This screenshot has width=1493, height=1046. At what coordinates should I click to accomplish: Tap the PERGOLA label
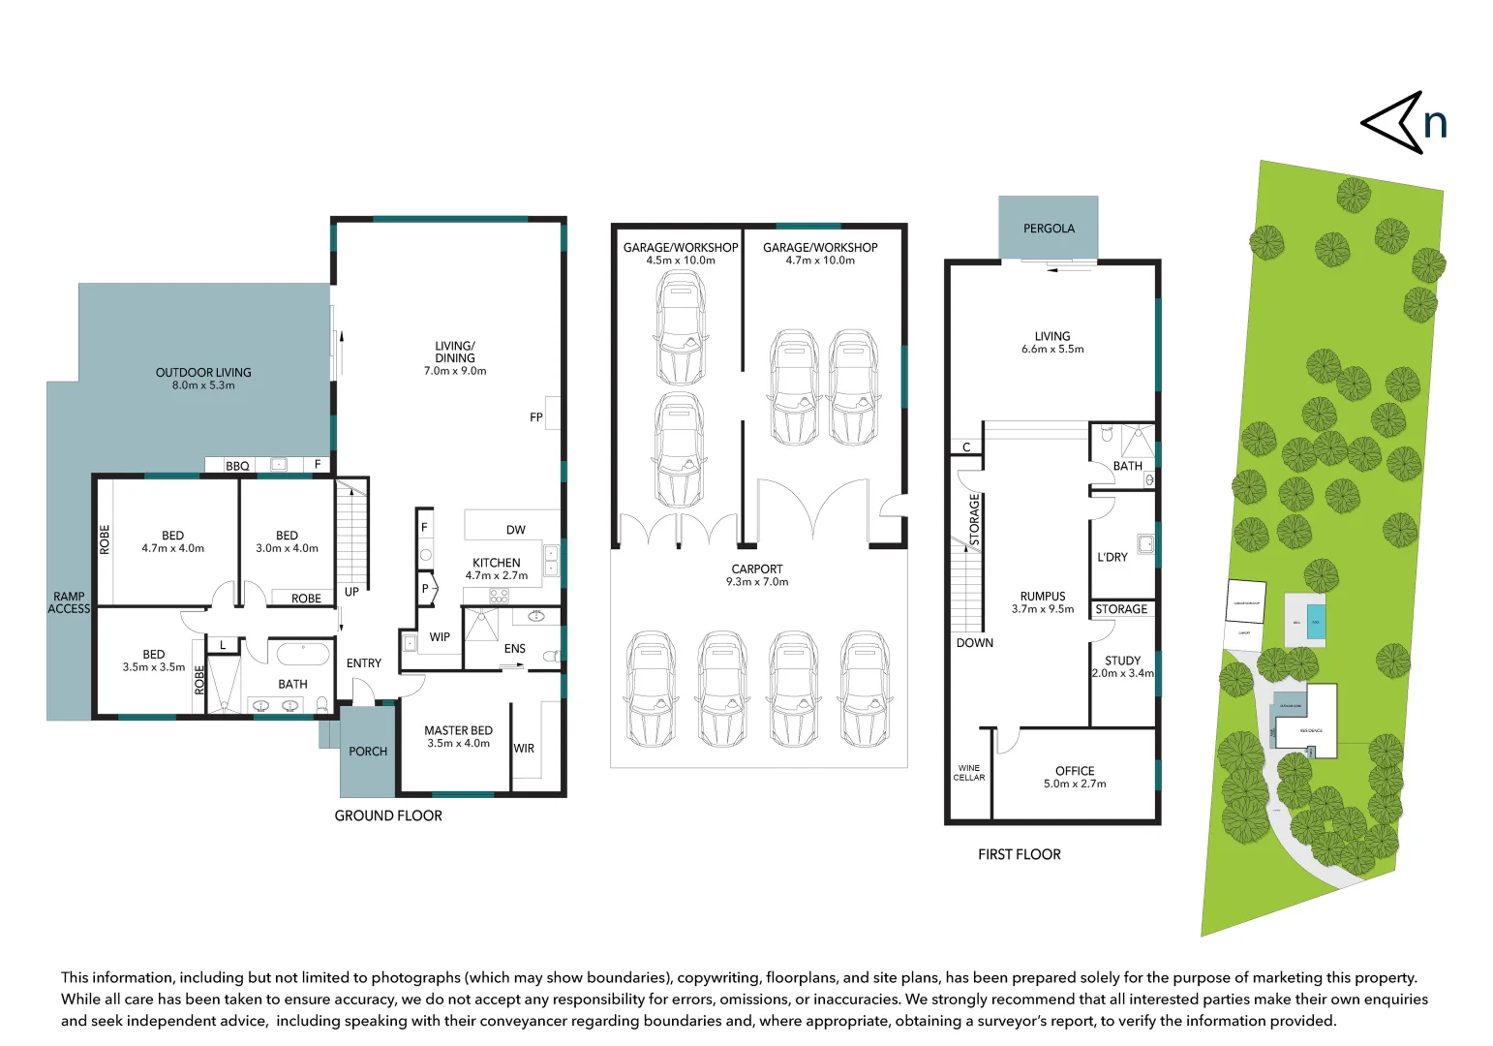[x=1049, y=229]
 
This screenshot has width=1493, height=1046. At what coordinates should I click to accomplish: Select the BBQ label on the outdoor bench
[x=237, y=466]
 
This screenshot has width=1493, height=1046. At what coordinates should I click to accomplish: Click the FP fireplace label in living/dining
[x=536, y=417]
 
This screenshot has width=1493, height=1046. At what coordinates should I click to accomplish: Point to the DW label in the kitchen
[x=515, y=530]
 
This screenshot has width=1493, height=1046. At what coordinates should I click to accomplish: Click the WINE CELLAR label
[x=968, y=773]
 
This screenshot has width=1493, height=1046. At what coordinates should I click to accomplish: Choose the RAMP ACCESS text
[x=69, y=602]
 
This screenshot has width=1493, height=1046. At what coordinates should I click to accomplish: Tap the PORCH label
[x=368, y=752]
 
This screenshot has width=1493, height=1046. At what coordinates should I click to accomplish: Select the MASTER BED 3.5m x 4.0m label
[x=458, y=737]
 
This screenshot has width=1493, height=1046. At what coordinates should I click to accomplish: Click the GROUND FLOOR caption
[x=388, y=816]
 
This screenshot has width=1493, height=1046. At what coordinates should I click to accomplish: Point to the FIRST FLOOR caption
[x=1019, y=854]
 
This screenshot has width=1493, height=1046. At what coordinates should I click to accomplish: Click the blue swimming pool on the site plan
[x=1315, y=621]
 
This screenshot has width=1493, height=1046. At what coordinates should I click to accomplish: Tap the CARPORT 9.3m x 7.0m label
[x=757, y=575]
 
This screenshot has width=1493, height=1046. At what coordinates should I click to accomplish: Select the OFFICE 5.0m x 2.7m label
[x=1075, y=777]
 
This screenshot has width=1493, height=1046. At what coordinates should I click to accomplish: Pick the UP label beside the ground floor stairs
[x=351, y=592]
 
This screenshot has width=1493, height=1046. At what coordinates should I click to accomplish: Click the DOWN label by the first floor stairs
[x=974, y=643]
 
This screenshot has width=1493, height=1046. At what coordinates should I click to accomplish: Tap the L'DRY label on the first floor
[x=1112, y=558]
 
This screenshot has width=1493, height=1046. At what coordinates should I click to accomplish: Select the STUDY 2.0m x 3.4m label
[x=1122, y=666]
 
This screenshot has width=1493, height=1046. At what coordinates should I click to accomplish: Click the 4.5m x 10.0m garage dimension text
[x=681, y=261]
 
